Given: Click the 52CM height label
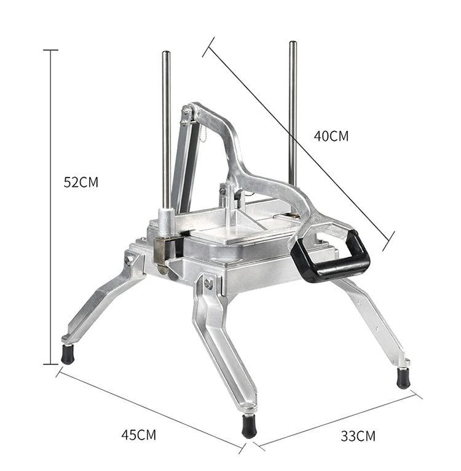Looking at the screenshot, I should click(81, 182).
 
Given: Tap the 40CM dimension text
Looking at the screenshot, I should click(331, 136).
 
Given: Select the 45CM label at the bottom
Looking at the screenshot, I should click(138, 435).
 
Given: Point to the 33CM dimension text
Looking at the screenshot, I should click(358, 437).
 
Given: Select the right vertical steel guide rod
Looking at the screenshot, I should click(293, 111).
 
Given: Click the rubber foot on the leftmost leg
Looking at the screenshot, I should click(68, 355).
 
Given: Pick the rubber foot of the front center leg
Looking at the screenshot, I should click(248, 426).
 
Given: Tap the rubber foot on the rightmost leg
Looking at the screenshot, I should click(403, 378).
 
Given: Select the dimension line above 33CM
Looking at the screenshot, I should click(338, 419).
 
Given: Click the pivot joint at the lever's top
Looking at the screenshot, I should click(189, 112).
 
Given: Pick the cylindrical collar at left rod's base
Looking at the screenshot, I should click(166, 218).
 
